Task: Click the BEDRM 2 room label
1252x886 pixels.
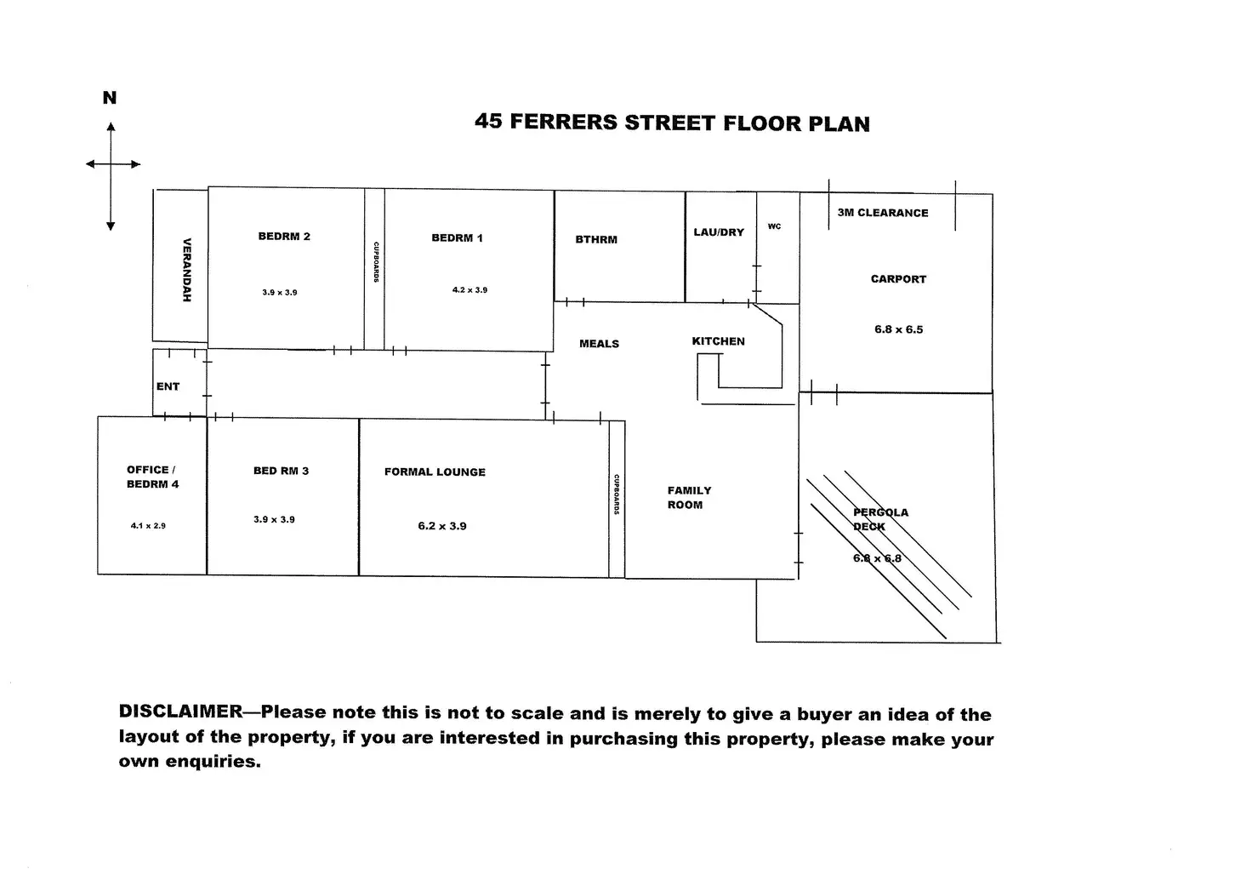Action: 284,237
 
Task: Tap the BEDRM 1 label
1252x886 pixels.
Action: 457,238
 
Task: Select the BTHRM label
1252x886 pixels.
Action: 596,240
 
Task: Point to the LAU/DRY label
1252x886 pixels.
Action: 719,232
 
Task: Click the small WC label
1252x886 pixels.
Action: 774,226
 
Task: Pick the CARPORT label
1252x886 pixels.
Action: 898,279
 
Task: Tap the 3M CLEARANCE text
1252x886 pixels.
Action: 883,213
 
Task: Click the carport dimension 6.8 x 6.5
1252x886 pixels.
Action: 898,329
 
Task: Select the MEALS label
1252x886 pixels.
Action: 599,344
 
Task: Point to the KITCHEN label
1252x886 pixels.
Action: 718,341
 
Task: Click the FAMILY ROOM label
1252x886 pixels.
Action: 688,498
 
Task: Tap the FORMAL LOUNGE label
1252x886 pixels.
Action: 435,472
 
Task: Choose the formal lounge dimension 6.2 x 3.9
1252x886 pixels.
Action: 442,526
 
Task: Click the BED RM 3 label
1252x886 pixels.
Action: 281,471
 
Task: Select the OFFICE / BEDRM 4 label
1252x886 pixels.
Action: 152,477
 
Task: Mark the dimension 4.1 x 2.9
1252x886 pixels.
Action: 148,526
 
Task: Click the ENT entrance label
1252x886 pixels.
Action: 168,386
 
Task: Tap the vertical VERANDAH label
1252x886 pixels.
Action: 187,270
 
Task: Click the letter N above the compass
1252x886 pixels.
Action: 110,98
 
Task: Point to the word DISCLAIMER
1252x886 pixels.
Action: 180,712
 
